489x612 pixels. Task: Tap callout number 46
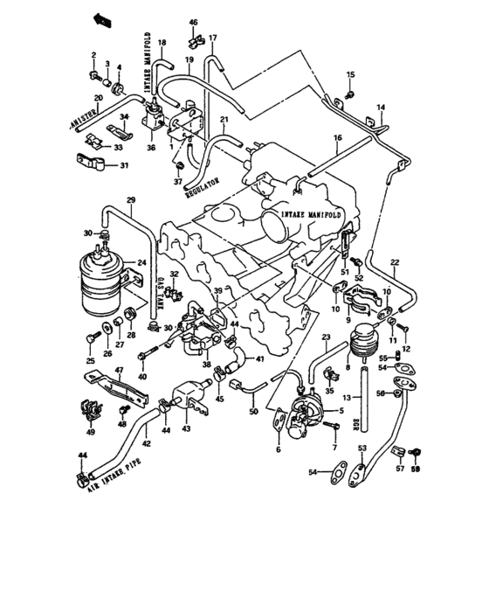click(x=194, y=21)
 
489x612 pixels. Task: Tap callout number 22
click(x=395, y=262)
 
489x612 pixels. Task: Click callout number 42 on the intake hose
click(x=147, y=445)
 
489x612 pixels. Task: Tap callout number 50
click(x=253, y=411)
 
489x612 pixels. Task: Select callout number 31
click(x=123, y=166)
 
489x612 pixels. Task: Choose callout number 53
click(x=362, y=448)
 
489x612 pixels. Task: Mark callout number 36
click(x=152, y=149)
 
